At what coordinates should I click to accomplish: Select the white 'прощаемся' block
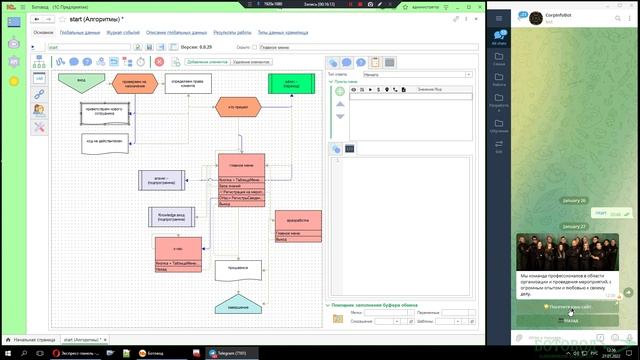[x=237, y=269]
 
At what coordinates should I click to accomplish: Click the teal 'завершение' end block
[x=237, y=302]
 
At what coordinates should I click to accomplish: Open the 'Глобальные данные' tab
[x=81, y=32]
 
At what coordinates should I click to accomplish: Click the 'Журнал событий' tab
[x=124, y=32]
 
